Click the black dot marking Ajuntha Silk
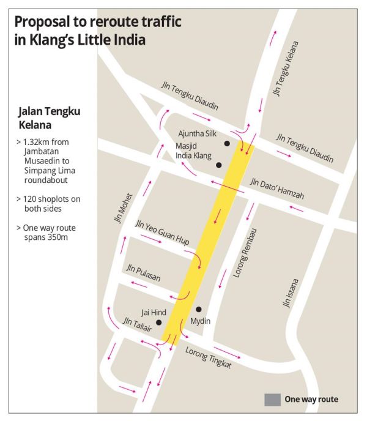[227, 143]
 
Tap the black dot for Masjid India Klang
[218, 165]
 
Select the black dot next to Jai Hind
[158, 322]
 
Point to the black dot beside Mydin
[198, 309]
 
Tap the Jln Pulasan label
[143, 273]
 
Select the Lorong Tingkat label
[207, 357]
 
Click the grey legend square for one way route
[272, 400]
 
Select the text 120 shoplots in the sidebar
[48, 199]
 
